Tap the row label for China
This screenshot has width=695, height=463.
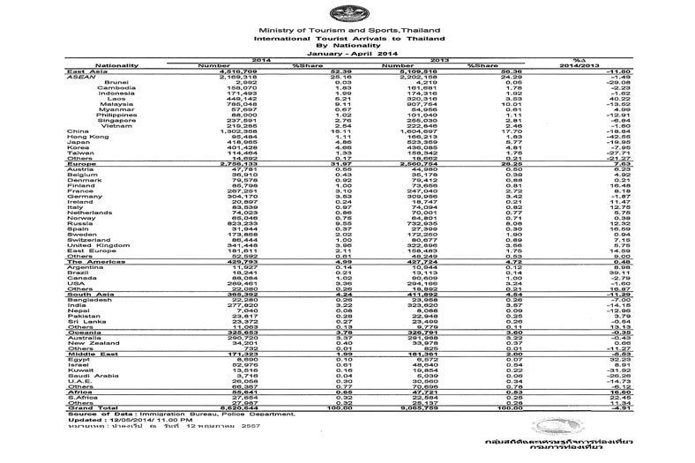(x=78, y=131)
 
